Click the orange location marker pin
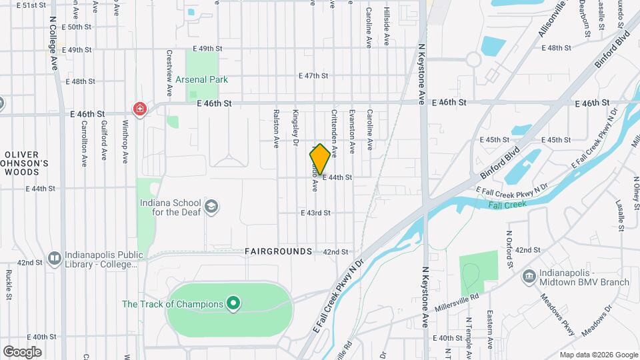[320, 159]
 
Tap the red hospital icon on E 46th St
[139, 109]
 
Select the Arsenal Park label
[202, 80]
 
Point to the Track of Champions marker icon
[233, 305]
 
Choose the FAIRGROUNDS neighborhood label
[278, 251]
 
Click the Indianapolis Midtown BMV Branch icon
[529, 275]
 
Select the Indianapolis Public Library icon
[55, 257]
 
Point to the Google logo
[22, 352]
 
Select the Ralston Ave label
[275, 129]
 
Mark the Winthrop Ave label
[125, 141]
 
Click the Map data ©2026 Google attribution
[599, 355]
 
